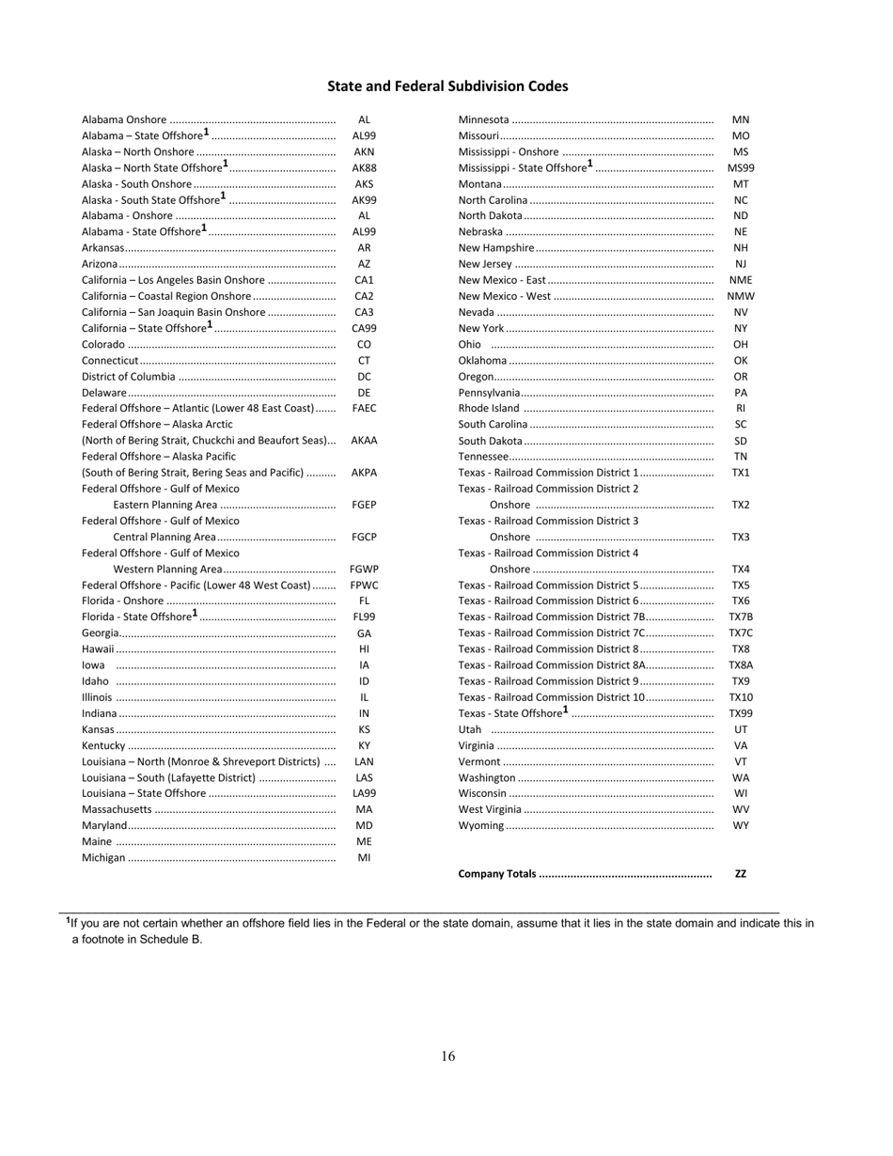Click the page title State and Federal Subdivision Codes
(x=447, y=86)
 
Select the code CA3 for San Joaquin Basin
(x=364, y=312)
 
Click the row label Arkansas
(x=103, y=248)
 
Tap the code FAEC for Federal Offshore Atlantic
(x=364, y=409)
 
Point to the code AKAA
(x=364, y=441)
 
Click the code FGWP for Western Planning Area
(x=364, y=570)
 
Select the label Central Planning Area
(x=164, y=538)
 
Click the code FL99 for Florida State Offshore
(x=364, y=617)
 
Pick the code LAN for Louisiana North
(x=364, y=762)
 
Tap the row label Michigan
(x=103, y=858)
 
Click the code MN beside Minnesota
(x=741, y=120)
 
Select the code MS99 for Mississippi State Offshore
(x=741, y=168)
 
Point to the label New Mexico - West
(x=505, y=296)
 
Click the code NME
(x=741, y=280)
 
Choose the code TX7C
(x=741, y=633)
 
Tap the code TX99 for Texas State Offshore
(x=741, y=714)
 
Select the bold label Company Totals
(x=497, y=874)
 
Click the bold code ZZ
(x=741, y=874)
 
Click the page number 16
(x=447, y=1056)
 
